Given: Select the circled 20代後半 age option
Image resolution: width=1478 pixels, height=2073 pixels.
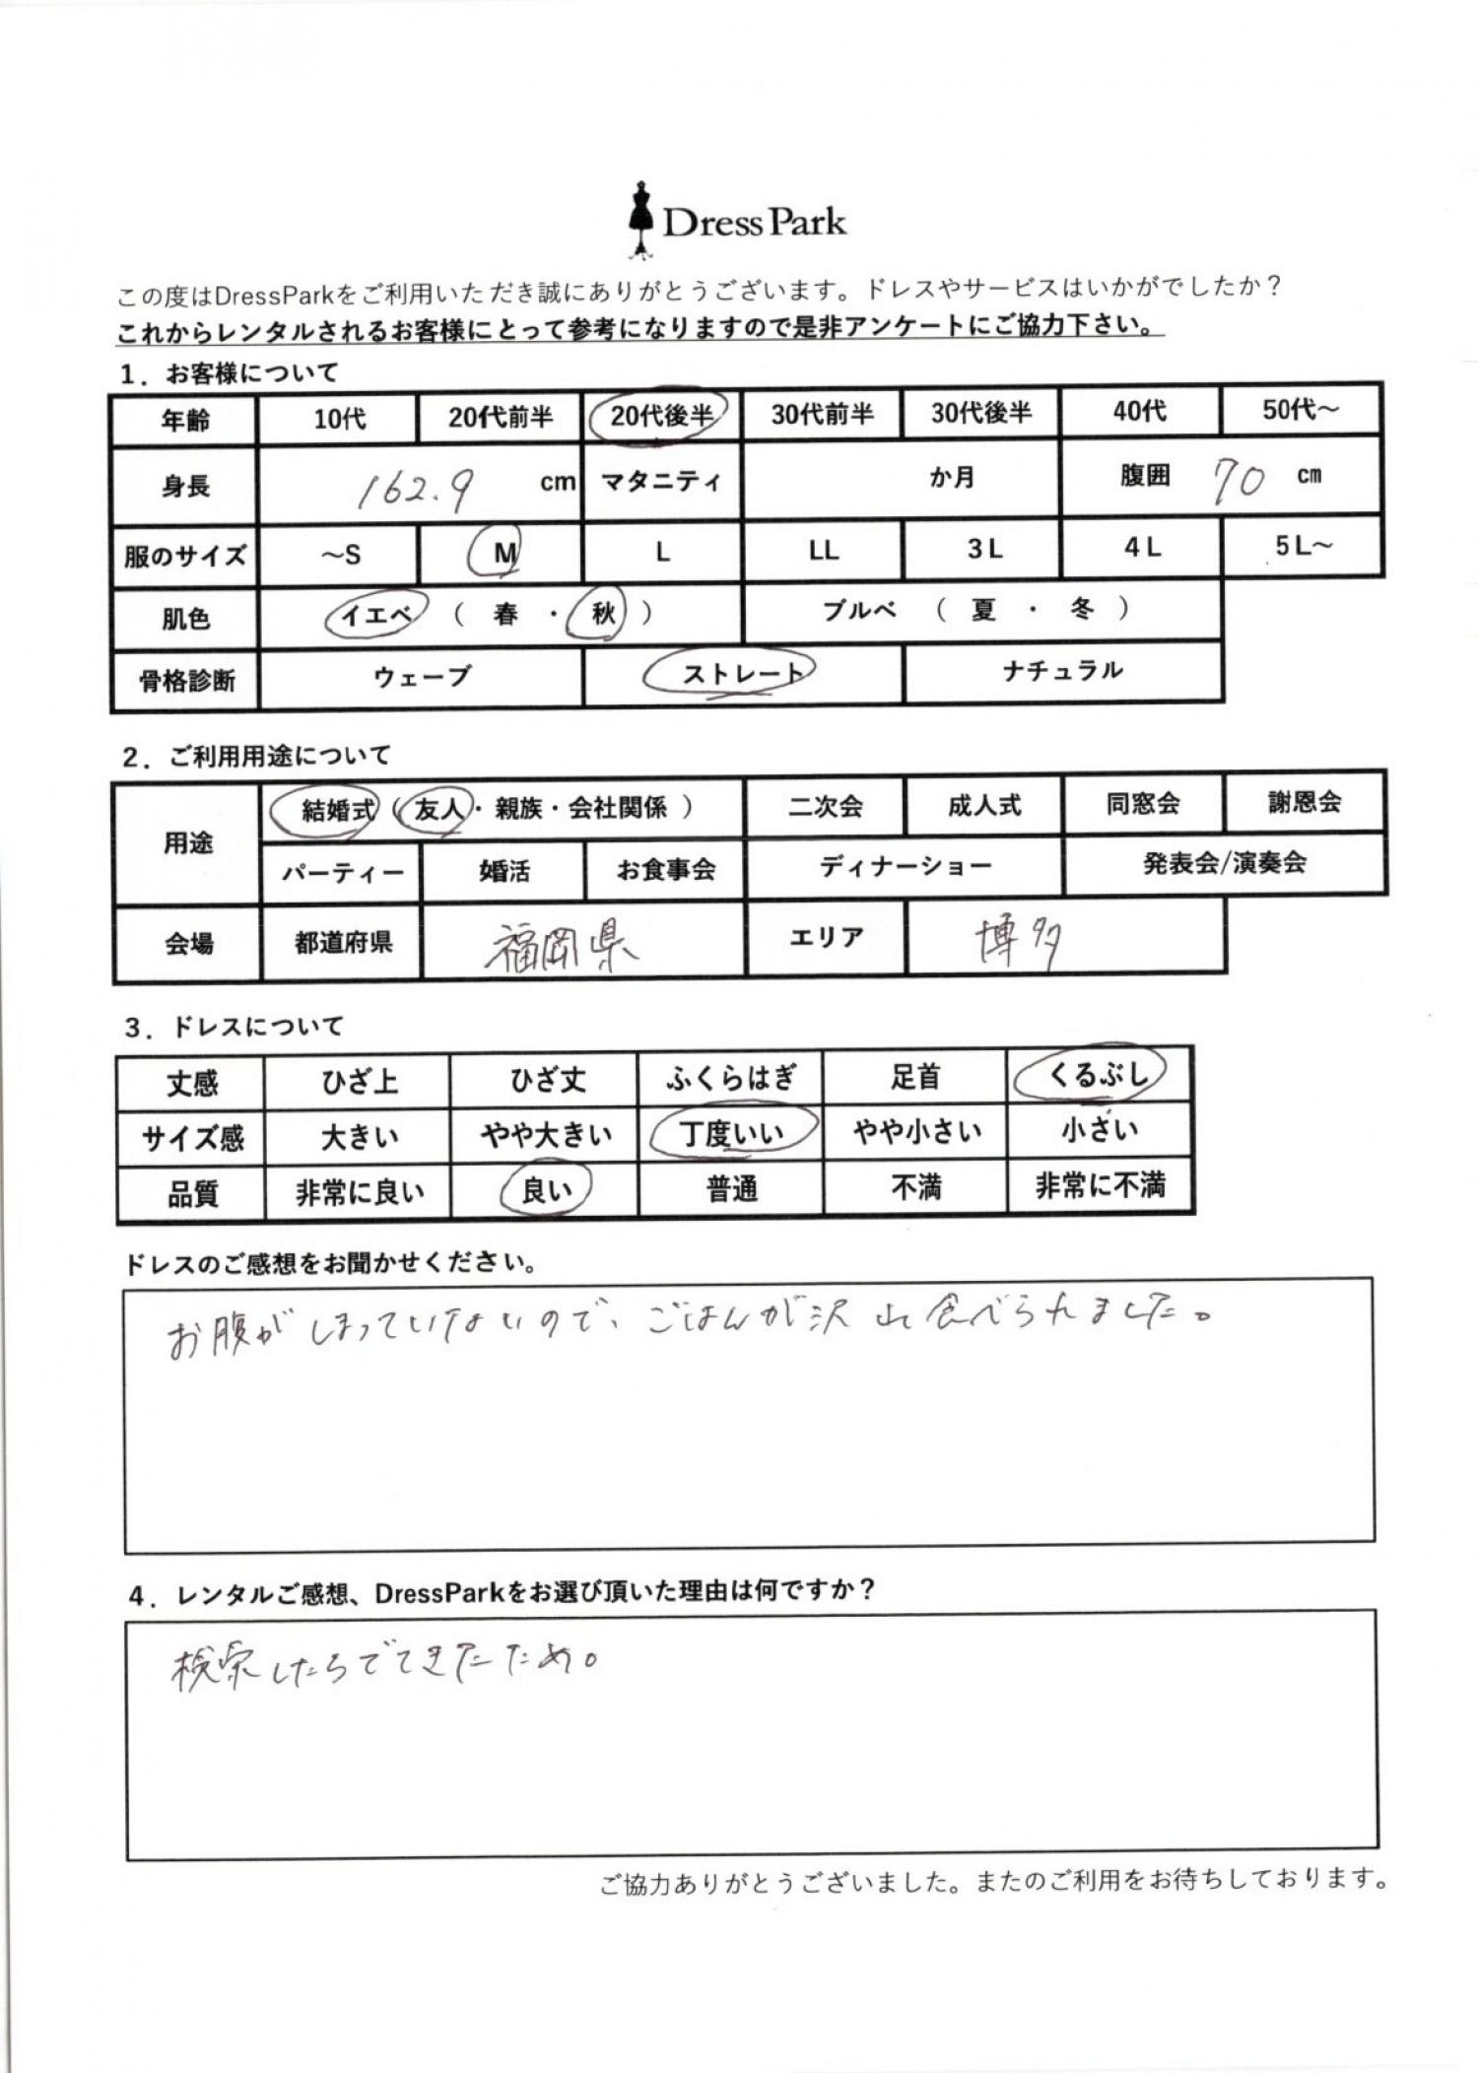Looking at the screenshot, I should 659,416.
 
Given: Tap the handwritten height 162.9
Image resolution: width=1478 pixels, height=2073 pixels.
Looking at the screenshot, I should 414,489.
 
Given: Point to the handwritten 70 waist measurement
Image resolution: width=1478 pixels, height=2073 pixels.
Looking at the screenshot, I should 1238,481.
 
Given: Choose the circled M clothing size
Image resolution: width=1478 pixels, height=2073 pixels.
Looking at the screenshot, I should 503,553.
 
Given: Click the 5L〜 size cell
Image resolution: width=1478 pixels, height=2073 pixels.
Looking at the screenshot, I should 1302,547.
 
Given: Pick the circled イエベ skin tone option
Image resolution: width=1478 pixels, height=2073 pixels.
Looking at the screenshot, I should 375,616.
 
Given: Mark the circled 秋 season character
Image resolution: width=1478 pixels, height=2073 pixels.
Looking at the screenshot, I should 602,614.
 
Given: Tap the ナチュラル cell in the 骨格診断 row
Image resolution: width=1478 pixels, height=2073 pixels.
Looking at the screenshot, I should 1062,672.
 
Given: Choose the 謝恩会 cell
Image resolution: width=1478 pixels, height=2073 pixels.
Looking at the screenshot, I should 1304,803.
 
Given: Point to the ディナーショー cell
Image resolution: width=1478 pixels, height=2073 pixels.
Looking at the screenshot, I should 905,867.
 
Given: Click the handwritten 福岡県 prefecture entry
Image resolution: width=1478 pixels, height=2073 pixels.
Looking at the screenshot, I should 560,947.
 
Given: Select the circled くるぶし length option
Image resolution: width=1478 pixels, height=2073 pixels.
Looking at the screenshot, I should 1094,1074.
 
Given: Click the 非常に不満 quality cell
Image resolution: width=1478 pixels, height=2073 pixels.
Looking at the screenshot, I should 1100,1186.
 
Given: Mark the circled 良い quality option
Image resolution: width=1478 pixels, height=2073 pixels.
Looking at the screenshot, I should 546,1190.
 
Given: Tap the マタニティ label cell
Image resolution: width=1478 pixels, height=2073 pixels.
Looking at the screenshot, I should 660,482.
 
